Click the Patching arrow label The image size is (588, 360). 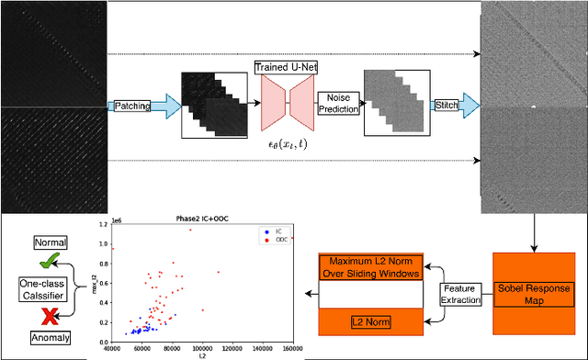pos(133,106)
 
